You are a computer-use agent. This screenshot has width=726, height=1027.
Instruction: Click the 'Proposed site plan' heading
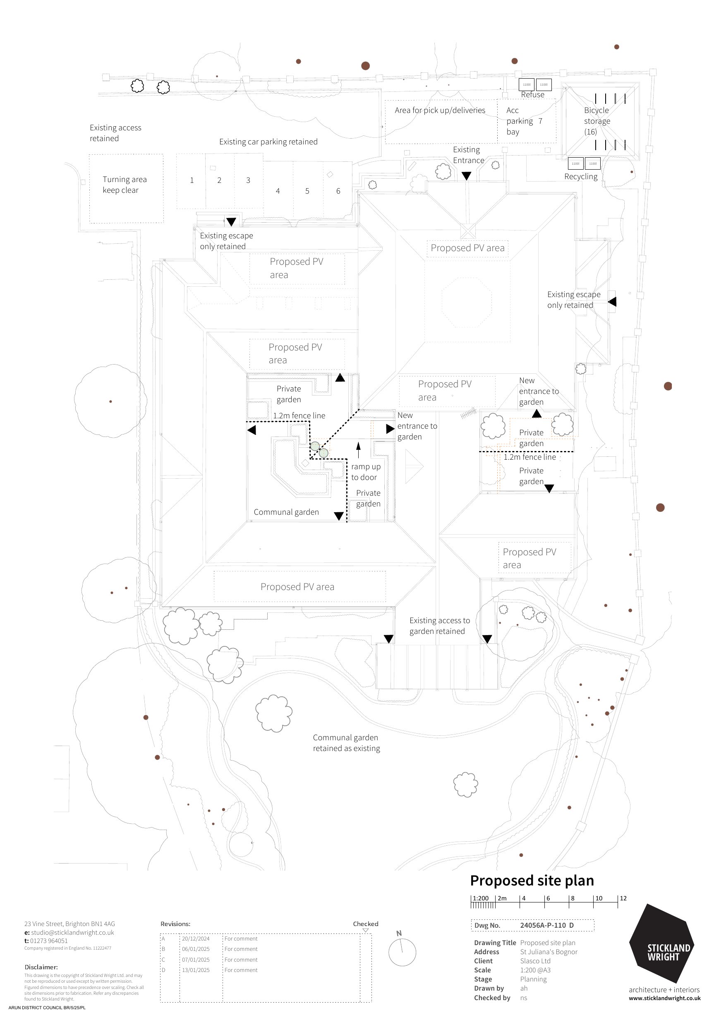(x=532, y=880)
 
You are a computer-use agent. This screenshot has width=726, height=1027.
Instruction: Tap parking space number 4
(x=278, y=191)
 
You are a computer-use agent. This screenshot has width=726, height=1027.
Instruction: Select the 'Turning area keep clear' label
(x=125, y=185)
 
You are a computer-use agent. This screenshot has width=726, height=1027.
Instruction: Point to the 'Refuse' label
(x=532, y=95)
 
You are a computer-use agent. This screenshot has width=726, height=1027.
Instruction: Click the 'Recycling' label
(x=581, y=177)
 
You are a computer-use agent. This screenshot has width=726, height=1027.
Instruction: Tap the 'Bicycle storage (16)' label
(x=597, y=121)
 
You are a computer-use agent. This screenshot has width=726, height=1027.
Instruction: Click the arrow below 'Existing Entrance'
(x=466, y=176)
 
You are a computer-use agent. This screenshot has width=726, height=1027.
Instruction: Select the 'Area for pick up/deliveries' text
(x=440, y=110)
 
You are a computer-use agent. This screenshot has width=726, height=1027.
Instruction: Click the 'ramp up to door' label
(x=365, y=472)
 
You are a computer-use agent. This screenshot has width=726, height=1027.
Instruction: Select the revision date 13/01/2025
(x=196, y=970)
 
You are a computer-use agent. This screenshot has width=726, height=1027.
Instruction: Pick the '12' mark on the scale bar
(x=623, y=898)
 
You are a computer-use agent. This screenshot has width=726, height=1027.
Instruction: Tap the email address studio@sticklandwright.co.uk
(x=72, y=933)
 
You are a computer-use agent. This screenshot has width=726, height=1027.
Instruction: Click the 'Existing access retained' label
(x=115, y=133)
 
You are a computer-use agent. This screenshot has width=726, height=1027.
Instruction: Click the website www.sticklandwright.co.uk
(x=664, y=998)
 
